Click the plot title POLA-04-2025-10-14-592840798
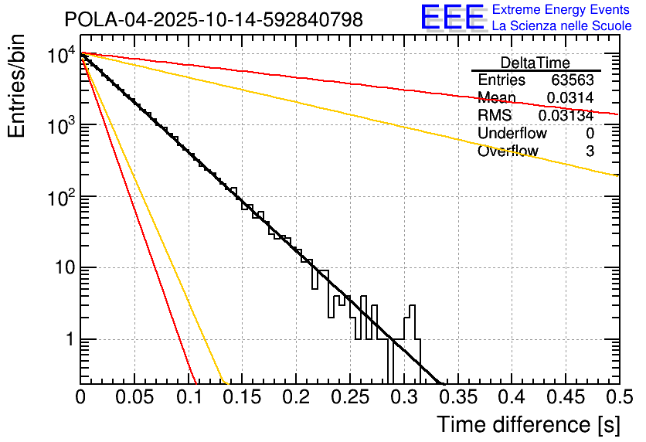213,20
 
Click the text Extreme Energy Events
562,10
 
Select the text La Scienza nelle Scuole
562,26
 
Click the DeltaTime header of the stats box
535,63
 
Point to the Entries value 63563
573,80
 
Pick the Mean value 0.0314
570,98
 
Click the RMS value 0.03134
566,116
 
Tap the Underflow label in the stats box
510,134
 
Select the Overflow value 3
590,151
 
